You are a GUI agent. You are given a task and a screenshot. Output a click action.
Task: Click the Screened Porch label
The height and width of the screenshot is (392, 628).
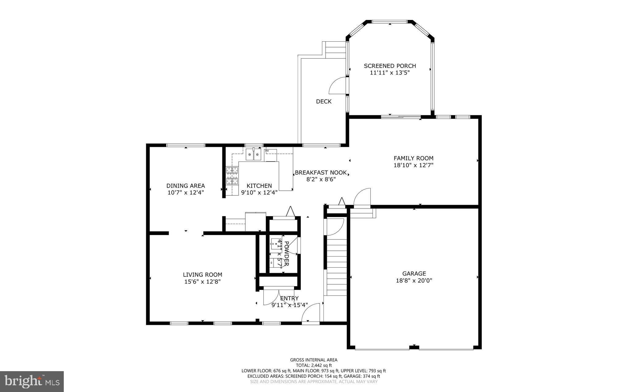pyautogui.click(x=390, y=66)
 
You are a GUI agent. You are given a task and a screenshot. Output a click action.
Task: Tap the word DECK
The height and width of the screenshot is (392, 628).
pyautogui.click(x=324, y=101)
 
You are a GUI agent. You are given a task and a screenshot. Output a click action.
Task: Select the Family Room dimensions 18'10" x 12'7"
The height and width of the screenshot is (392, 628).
pyautogui.click(x=413, y=165)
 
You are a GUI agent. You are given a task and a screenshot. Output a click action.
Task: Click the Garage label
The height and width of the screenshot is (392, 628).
pyautogui.click(x=414, y=273)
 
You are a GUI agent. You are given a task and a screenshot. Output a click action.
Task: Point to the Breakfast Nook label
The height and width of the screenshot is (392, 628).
pyautogui.click(x=321, y=173)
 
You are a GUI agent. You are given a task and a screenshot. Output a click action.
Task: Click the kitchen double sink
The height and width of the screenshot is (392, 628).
pyautogui.click(x=254, y=155)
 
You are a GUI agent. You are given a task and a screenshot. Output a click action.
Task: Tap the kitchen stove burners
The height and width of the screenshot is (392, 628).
pyautogui.click(x=232, y=176)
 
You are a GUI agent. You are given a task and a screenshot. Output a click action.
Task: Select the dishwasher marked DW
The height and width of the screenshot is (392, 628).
pyautogui.click(x=271, y=155)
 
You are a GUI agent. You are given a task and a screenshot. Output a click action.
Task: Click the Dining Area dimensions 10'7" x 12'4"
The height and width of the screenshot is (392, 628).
pyautogui.click(x=186, y=192)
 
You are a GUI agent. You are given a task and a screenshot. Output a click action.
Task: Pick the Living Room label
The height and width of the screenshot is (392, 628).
pyautogui.click(x=202, y=275)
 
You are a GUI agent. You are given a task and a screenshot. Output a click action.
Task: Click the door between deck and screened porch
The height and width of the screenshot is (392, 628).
pyautogui.click(x=338, y=86)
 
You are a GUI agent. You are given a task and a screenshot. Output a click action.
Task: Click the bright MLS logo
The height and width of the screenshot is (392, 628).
pyautogui.click(x=32, y=381)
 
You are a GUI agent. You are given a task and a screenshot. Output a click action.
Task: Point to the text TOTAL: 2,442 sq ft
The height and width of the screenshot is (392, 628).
pyautogui.click(x=314, y=365)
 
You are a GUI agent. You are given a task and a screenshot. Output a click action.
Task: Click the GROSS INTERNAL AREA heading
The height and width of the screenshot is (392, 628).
pyautogui.click(x=314, y=360)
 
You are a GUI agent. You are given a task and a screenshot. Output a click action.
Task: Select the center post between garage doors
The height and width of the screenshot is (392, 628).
pyautogui.click(x=414, y=347)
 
